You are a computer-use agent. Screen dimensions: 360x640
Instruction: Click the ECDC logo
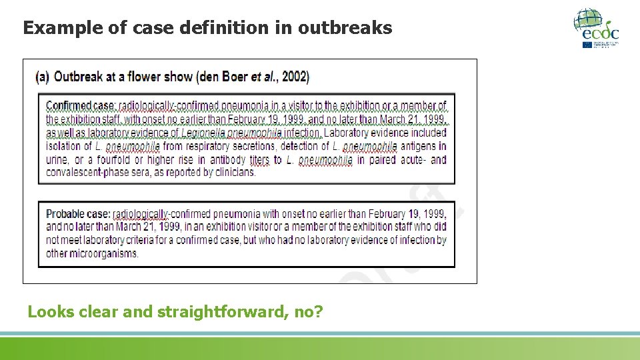tap(596, 27)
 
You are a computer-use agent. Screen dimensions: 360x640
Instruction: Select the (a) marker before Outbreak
tap(42, 77)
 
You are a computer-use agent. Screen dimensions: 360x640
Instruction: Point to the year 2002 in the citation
tap(295, 77)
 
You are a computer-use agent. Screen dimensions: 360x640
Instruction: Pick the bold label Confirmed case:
tap(81, 106)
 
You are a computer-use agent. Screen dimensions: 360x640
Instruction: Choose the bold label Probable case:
tap(78, 214)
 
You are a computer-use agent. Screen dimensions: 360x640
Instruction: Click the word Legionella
tap(203, 133)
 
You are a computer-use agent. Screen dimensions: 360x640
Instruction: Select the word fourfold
tap(113, 160)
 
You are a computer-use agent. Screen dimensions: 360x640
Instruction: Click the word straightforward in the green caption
tap(220, 311)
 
